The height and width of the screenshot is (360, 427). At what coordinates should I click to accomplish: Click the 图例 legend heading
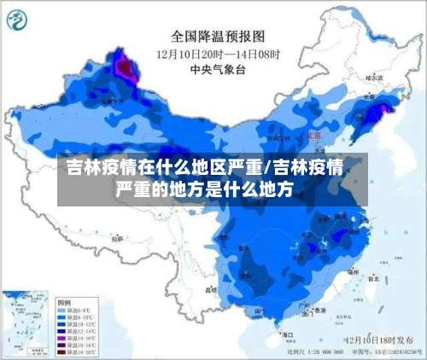(x=64, y=302)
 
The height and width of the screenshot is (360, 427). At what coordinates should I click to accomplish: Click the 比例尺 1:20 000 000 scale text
(x=316, y=351)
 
